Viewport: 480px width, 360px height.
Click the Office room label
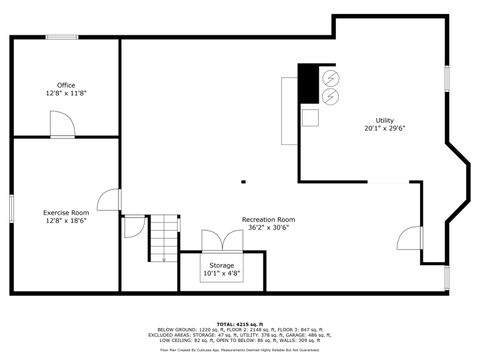coord(66,85)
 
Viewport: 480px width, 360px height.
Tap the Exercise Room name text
coord(66,213)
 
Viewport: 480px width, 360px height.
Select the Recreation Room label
coord(269,219)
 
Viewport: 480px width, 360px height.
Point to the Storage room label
coord(222,265)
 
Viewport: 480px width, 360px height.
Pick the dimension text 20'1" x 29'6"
coord(385,128)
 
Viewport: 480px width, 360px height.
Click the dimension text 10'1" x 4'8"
coord(222,273)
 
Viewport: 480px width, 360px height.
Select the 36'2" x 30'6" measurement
coord(269,227)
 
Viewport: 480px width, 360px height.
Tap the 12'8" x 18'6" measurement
coord(66,221)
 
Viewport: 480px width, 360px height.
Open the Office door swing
coord(61,125)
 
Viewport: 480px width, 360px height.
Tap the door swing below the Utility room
coord(409,238)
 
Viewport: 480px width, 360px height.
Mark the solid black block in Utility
coord(309,83)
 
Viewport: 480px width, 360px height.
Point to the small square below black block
coord(310,116)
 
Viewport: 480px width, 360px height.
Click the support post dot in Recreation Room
coord(243,182)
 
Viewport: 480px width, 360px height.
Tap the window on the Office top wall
coord(62,38)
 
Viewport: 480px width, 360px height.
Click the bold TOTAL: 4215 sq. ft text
coord(240,324)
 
